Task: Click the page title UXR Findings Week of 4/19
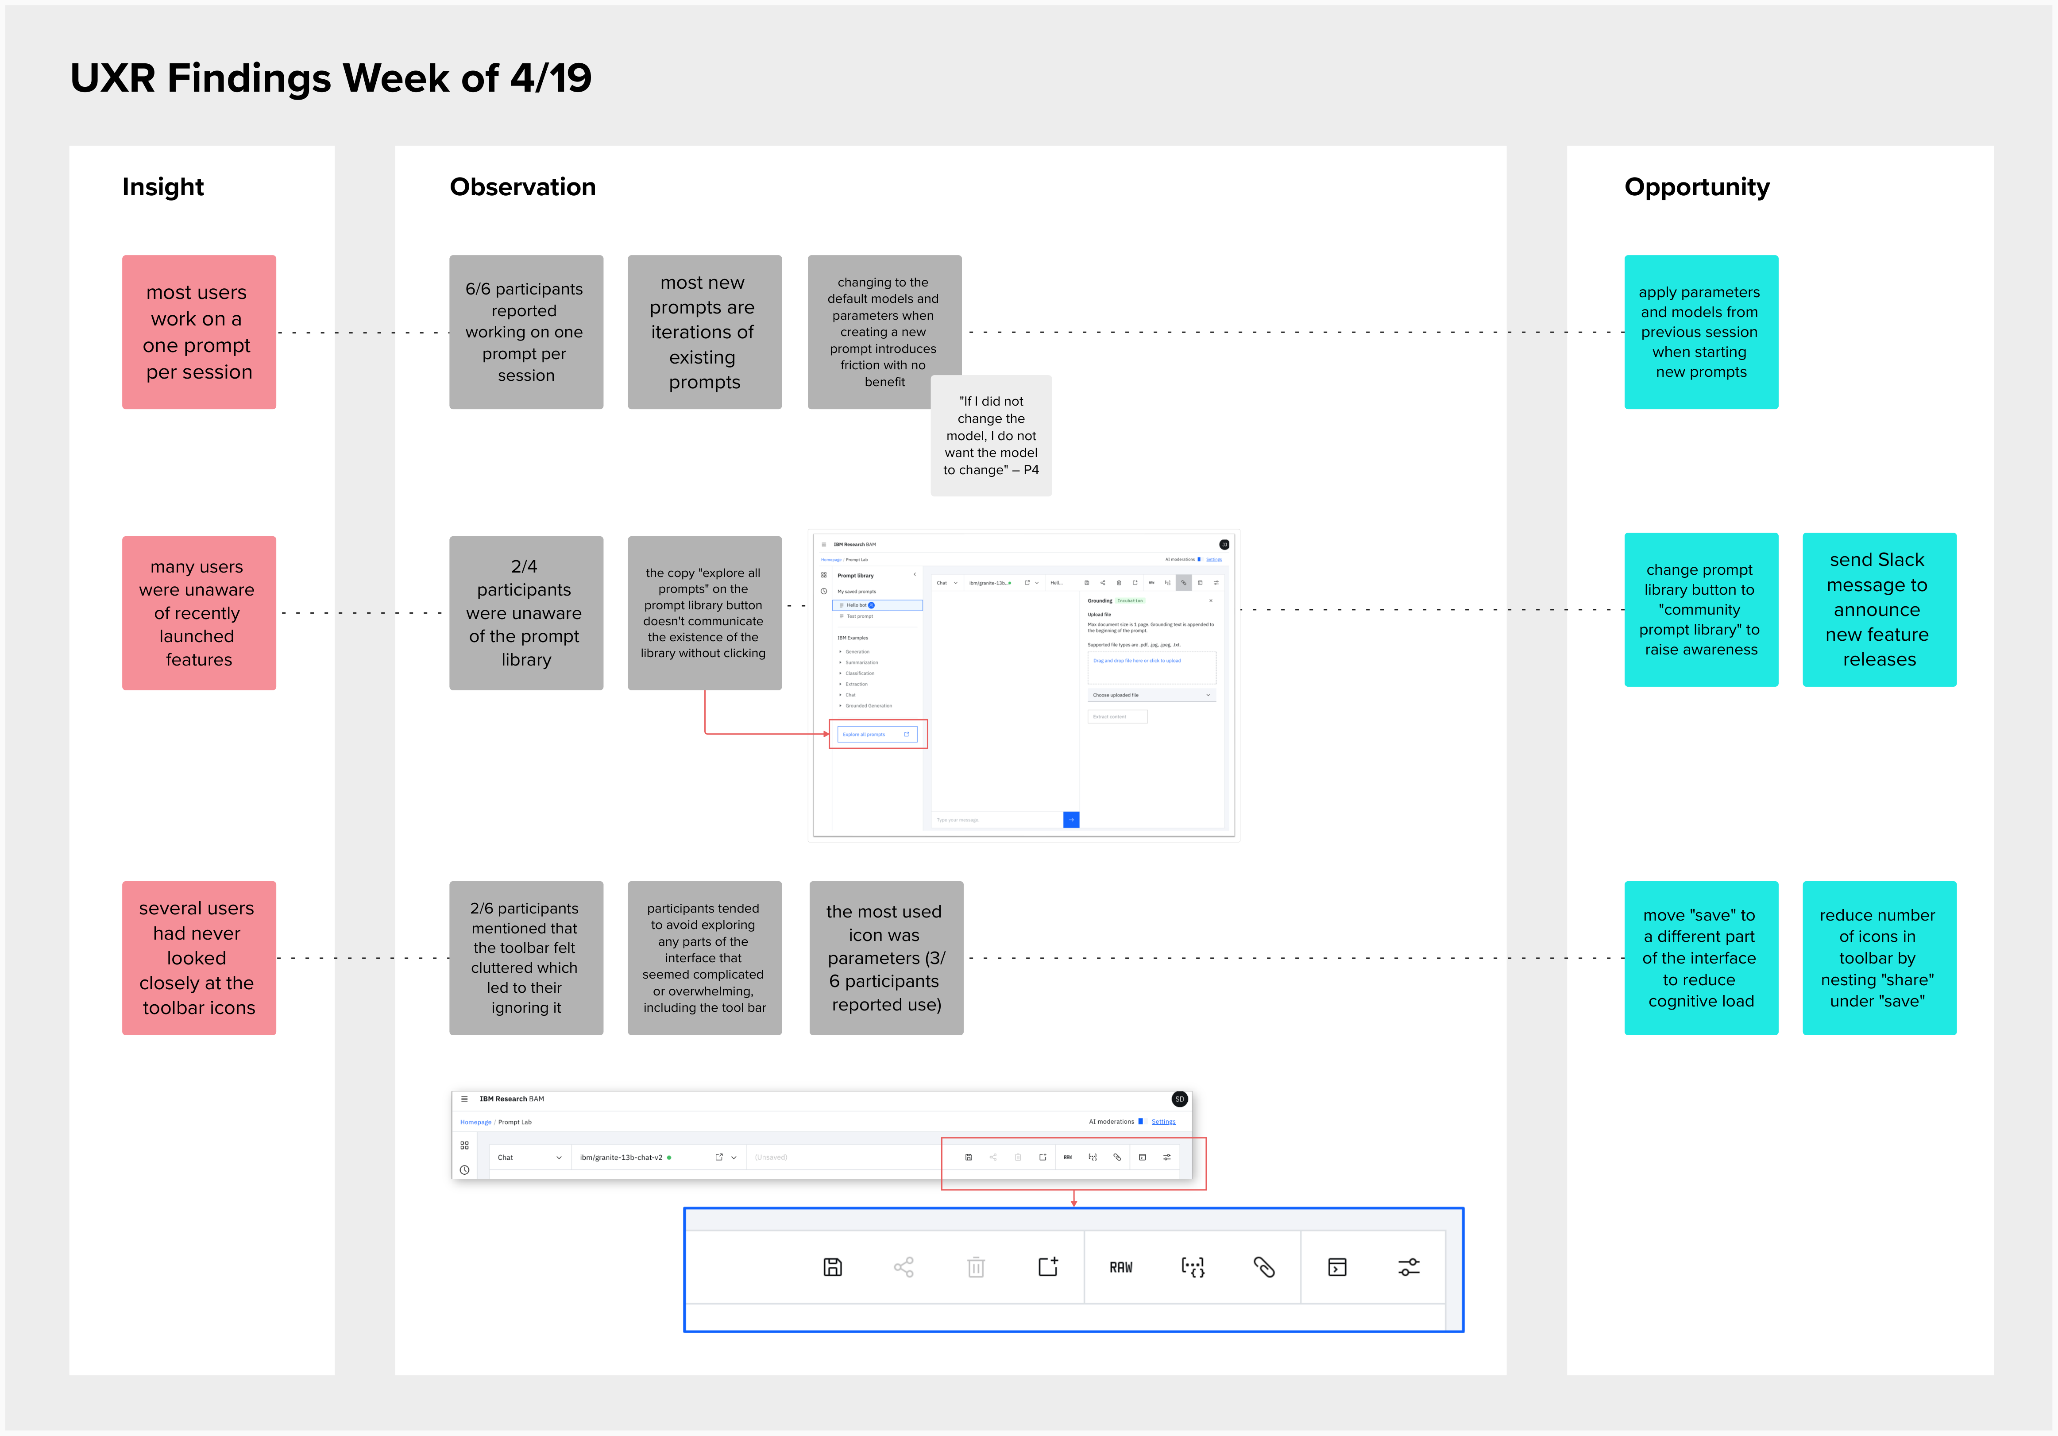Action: tap(331, 78)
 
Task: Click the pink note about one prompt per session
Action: tap(199, 333)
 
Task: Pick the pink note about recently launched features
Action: tap(199, 613)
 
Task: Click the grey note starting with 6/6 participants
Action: tap(526, 333)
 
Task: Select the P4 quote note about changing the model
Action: tap(990, 436)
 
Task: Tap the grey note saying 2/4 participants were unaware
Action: tap(526, 613)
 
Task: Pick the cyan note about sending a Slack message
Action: tap(1879, 610)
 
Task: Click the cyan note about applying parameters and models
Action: tap(1700, 333)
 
